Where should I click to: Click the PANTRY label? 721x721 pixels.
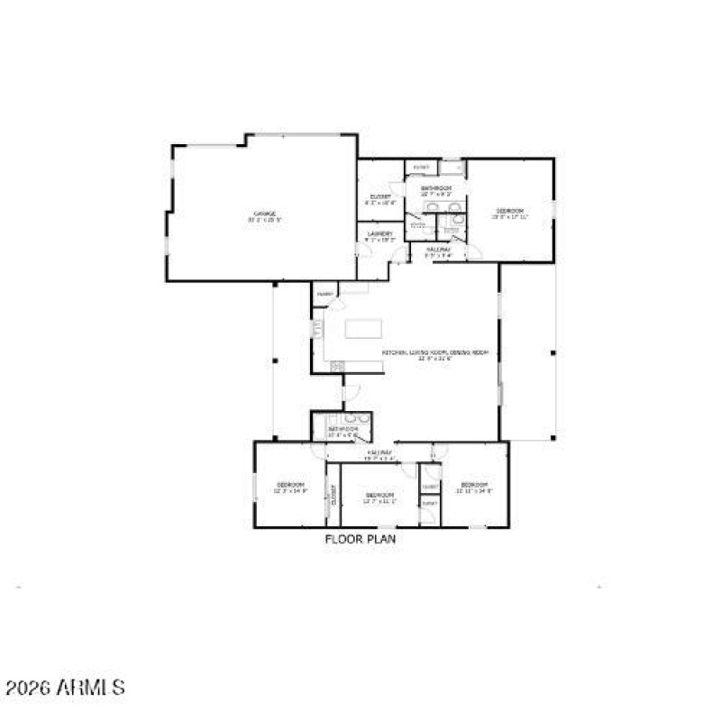[324, 294]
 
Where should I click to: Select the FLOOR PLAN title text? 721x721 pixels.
[360, 539]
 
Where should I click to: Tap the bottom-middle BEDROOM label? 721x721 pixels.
[379, 497]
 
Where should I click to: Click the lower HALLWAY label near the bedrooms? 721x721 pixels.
[379, 454]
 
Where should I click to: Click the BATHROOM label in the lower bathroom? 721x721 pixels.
[342, 431]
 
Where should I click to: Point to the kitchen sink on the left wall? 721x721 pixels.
[316, 329]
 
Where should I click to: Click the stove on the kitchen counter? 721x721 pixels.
[337, 366]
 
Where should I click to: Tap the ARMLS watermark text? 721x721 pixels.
[66, 689]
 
